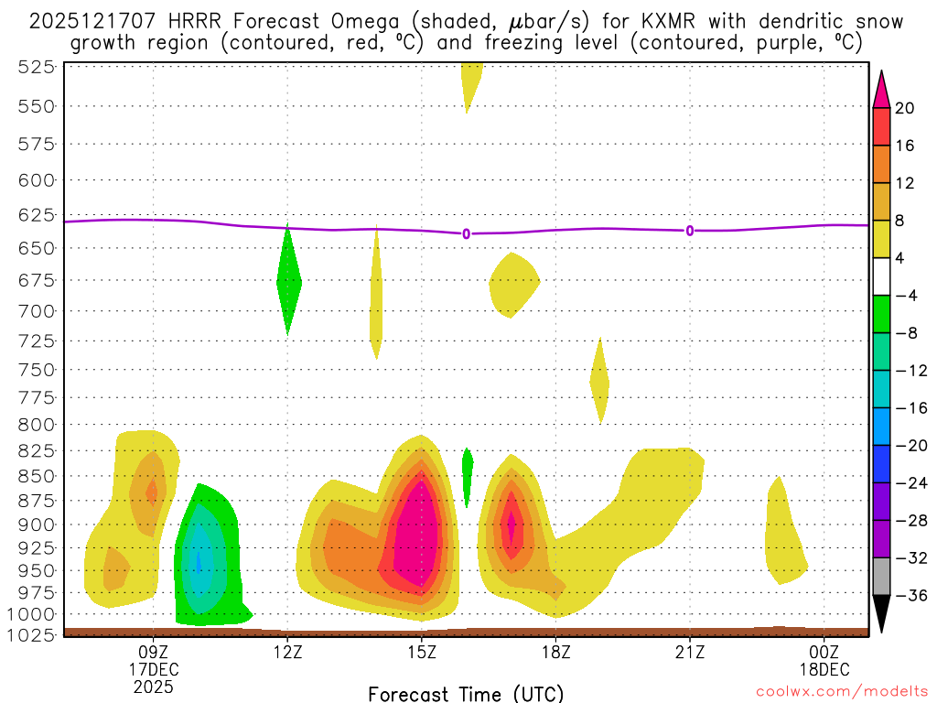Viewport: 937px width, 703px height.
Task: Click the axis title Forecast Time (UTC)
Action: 466,693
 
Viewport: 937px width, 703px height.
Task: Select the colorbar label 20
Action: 906,108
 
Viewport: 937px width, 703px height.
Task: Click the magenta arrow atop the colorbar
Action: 881,88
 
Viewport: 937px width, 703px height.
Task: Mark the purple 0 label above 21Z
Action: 690,231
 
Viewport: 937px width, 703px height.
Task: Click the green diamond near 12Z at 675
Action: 289,280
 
